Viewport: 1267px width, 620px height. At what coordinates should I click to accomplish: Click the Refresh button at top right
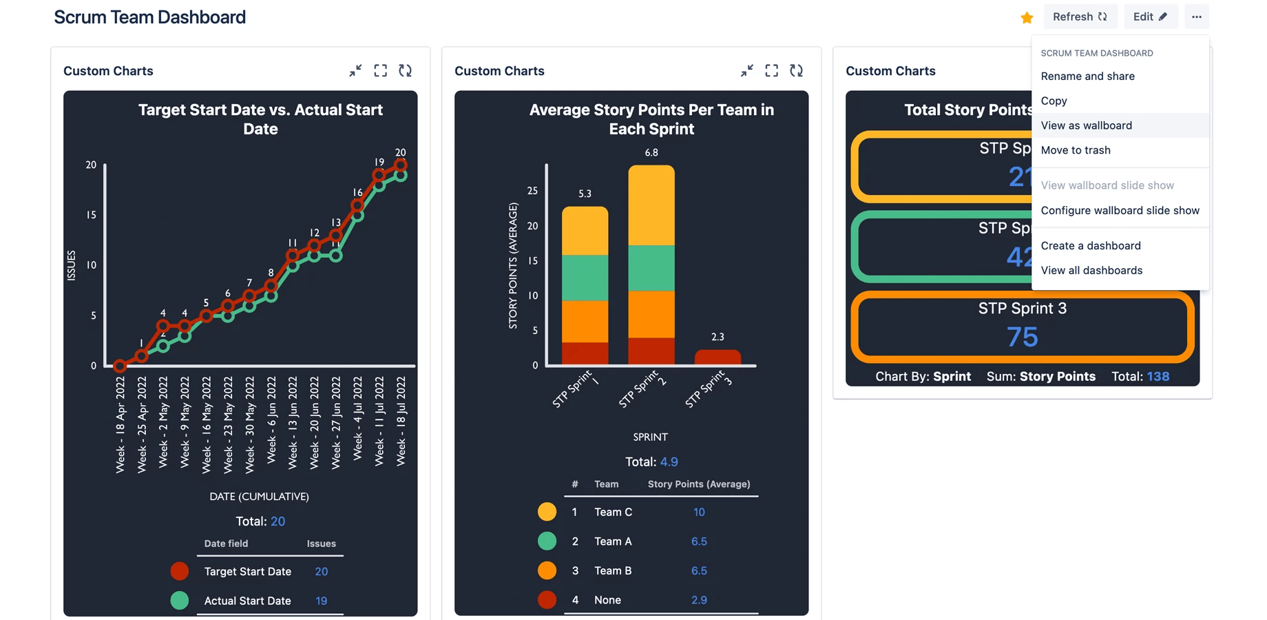coord(1079,17)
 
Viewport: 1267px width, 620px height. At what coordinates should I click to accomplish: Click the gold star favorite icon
coord(1026,17)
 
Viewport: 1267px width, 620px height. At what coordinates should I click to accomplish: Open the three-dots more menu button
coord(1196,17)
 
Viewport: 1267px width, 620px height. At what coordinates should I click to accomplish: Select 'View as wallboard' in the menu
coord(1086,125)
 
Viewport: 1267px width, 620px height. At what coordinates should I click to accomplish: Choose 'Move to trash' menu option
coord(1075,150)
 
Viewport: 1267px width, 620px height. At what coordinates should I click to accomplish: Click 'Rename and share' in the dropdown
coord(1087,76)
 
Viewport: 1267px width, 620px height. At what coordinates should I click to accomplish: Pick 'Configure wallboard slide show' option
coord(1120,210)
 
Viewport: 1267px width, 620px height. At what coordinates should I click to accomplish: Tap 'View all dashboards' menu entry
coord(1091,270)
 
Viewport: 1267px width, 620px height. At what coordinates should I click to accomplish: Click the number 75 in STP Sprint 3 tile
coord(1022,337)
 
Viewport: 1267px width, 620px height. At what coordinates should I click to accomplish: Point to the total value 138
coord(1158,376)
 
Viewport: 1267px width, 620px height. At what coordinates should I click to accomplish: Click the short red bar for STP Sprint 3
coord(718,357)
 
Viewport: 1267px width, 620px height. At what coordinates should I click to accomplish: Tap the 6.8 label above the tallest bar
coord(651,152)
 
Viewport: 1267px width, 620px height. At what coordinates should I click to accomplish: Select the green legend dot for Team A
coord(547,541)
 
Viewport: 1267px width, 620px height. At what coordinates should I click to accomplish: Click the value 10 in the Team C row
coord(698,512)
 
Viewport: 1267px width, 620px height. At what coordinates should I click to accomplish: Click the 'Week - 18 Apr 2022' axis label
coord(121,424)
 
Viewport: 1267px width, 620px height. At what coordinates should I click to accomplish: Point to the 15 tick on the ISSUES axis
coord(91,215)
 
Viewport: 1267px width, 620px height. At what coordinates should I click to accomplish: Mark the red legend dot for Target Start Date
coord(179,571)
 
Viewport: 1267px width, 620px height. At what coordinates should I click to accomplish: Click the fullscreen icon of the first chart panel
coord(380,71)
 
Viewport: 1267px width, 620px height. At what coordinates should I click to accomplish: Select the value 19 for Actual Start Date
coord(321,601)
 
